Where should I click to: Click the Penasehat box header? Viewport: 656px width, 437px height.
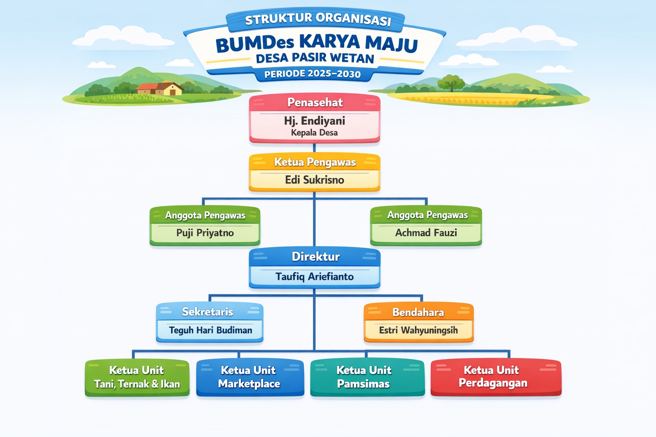[315, 102]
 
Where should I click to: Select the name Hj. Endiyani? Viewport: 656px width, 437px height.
[314, 121]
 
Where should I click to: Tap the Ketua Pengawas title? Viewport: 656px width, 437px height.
[315, 162]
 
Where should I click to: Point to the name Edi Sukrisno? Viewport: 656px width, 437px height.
[314, 180]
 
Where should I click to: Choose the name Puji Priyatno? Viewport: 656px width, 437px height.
[205, 233]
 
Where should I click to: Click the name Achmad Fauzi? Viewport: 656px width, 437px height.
[426, 233]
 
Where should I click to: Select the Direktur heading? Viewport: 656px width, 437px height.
[316, 257]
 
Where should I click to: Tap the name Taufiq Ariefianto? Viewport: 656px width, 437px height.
[314, 277]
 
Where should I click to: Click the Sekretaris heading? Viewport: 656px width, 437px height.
[207, 312]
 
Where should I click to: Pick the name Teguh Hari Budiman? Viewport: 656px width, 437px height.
[211, 330]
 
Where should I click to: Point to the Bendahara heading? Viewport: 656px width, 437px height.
[418, 312]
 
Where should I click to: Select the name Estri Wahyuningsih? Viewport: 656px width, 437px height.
[418, 330]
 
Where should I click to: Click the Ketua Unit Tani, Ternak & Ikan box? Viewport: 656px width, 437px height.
[137, 378]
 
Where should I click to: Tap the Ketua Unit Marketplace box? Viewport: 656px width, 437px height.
[250, 377]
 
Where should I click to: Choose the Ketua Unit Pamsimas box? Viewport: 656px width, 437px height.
[367, 377]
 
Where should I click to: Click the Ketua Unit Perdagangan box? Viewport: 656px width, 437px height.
[496, 377]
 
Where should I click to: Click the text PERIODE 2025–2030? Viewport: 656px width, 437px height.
[313, 74]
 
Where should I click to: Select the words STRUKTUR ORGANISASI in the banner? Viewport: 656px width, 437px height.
[318, 19]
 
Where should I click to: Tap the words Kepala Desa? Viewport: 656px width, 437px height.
[314, 133]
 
